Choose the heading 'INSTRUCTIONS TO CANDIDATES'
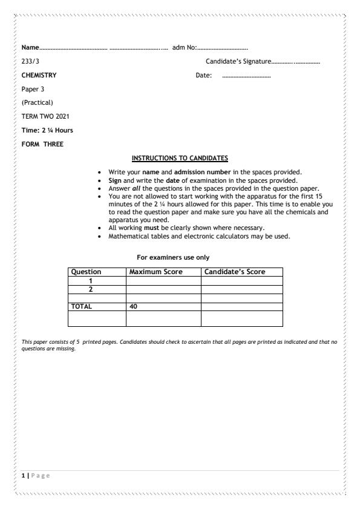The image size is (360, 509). pyautogui.click(x=180, y=159)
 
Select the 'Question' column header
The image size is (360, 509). pyautogui.click(x=86, y=272)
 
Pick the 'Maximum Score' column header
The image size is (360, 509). pyautogui.click(x=156, y=272)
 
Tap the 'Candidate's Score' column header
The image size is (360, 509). pyautogui.click(x=235, y=272)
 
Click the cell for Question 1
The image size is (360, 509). pyautogui.click(x=91, y=281)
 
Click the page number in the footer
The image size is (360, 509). pyautogui.click(x=23, y=475)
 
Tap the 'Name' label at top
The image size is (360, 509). pyautogui.click(x=30, y=47)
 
